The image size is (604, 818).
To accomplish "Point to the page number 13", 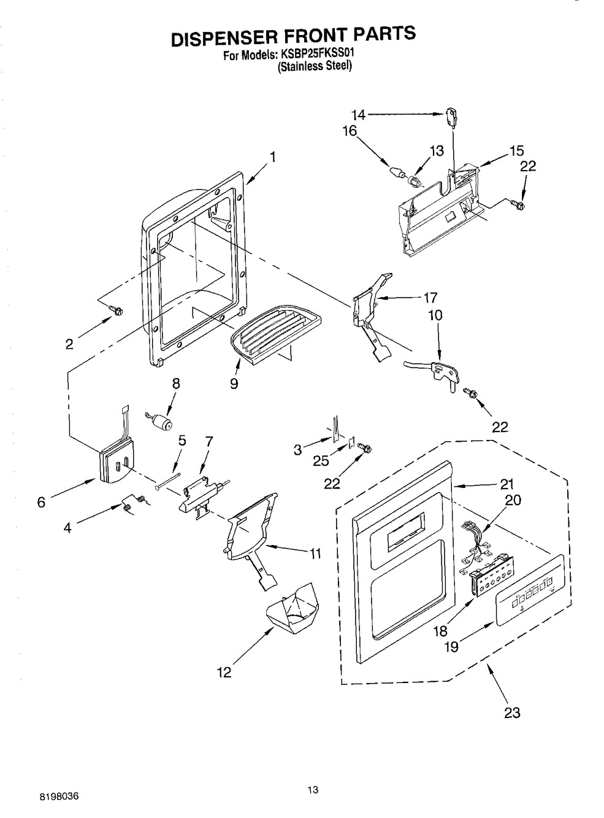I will click(313, 790).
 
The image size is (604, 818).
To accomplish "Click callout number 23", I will click(512, 712).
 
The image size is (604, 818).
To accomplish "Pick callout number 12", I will click(224, 673).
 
